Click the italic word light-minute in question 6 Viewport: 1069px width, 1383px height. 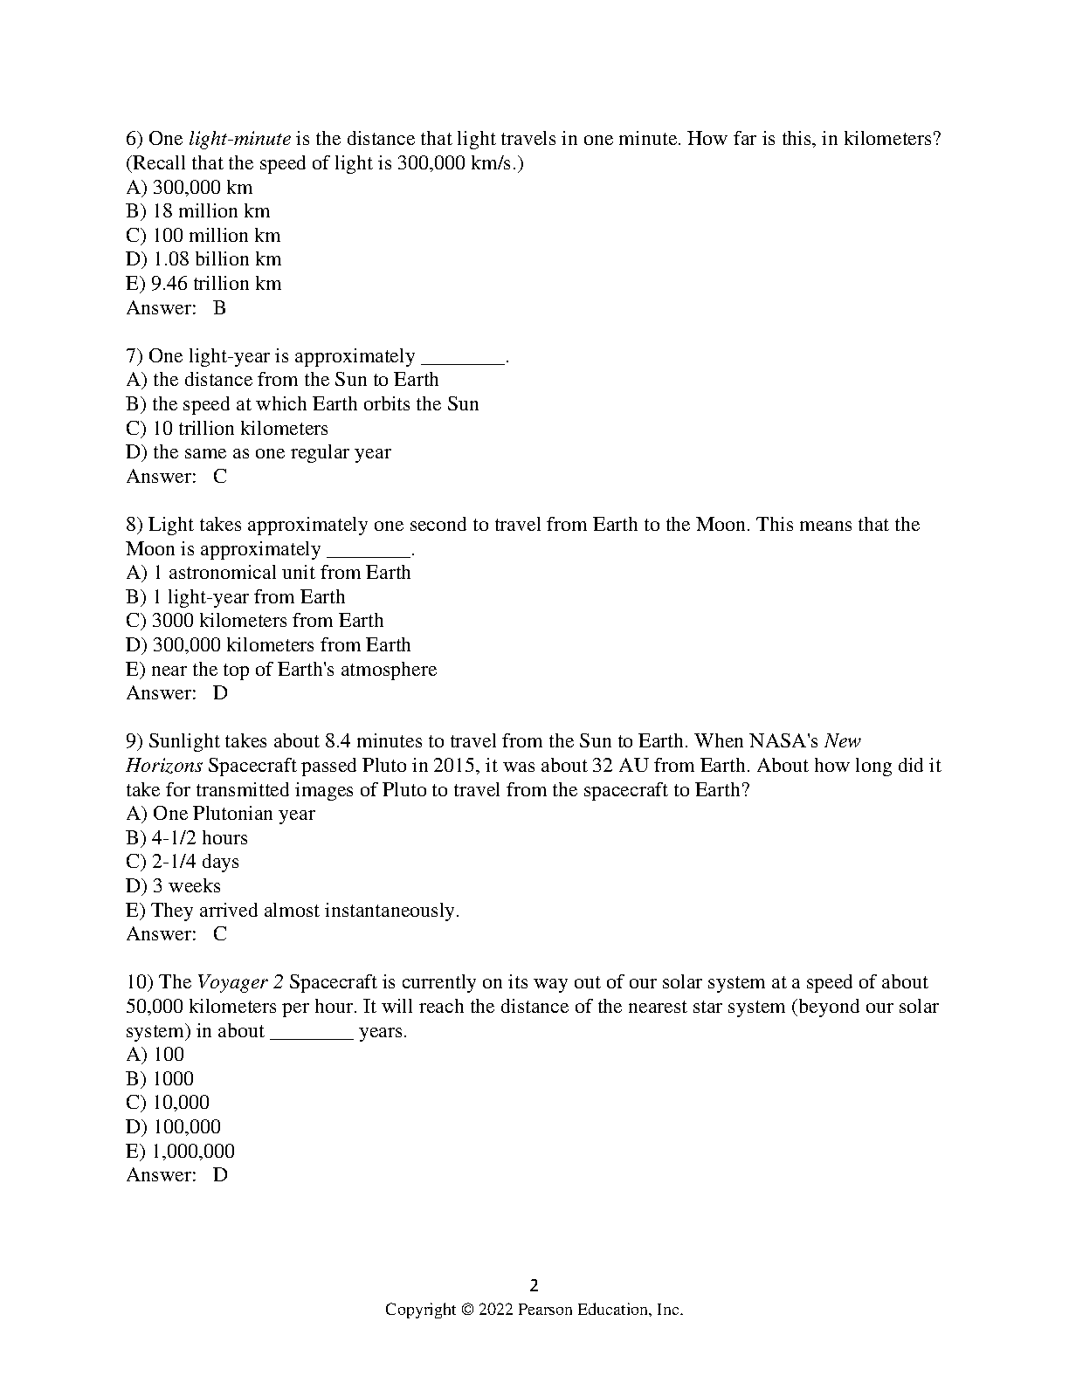coord(239,139)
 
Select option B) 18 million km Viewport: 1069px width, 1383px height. coord(198,211)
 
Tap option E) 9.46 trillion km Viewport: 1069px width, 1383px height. coord(203,284)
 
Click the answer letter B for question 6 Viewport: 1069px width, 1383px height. coord(220,308)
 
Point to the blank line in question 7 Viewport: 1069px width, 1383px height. coord(462,357)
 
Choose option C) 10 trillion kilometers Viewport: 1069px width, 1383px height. coord(227,429)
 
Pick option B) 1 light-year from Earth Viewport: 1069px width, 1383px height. coord(236,597)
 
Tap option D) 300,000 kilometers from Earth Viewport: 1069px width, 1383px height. coord(268,645)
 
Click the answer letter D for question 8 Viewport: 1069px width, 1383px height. coord(220,693)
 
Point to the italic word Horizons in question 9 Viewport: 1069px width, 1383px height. coord(164,766)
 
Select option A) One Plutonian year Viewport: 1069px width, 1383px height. coord(220,814)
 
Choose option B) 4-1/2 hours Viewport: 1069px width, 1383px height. coord(187,838)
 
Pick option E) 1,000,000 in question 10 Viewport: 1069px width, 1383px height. coord(181,1152)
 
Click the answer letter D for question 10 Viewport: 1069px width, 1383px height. coord(220,1175)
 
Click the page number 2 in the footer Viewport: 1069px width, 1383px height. coord(534,1285)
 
